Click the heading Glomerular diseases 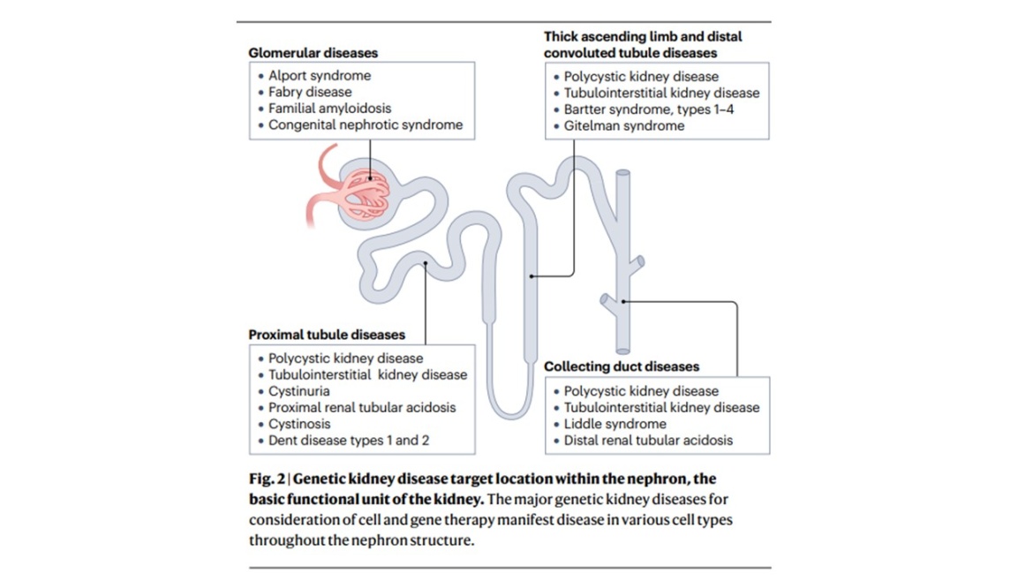[x=313, y=53]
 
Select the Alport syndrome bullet [x=320, y=76]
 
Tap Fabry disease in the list [x=310, y=92]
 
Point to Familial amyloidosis [x=329, y=109]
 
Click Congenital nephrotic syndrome [x=365, y=125]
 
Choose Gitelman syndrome [x=623, y=126]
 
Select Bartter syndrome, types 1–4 [x=649, y=109]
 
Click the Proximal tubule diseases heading [x=327, y=336]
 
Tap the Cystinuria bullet [x=299, y=391]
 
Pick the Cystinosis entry [x=299, y=424]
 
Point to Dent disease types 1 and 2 [x=349, y=441]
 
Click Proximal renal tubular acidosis [x=362, y=408]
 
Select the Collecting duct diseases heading [x=622, y=366]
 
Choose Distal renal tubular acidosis [x=648, y=441]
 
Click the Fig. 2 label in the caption [x=266, y=479]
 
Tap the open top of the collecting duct [x=622, y=175]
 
